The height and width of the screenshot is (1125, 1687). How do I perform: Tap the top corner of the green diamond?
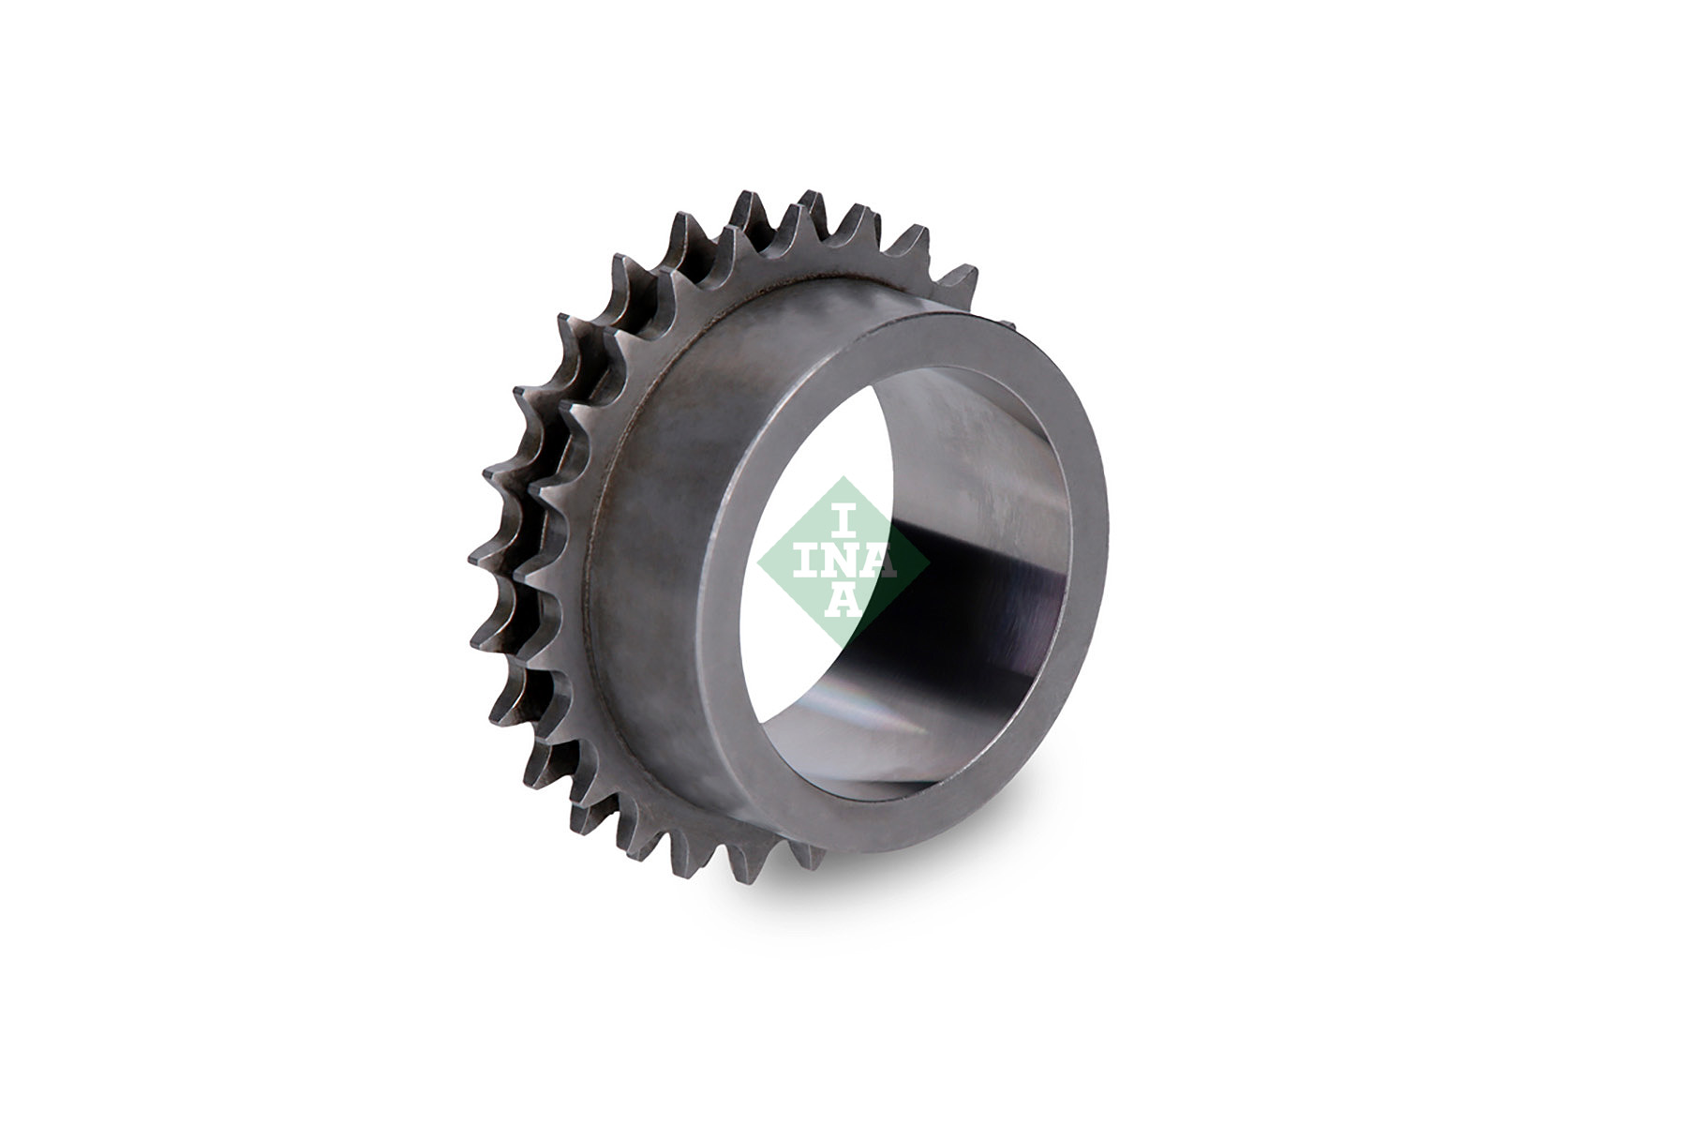(844, 478)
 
